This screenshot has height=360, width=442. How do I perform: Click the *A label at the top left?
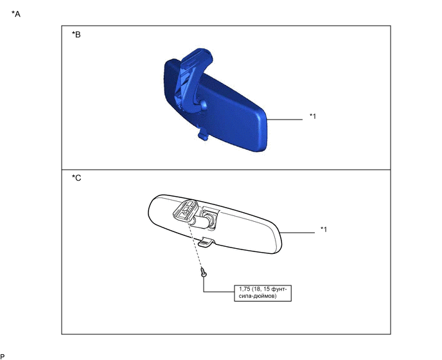16,14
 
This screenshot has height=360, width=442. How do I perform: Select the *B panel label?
76,35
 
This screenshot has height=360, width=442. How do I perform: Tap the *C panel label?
76,177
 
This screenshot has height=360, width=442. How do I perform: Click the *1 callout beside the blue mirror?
313,116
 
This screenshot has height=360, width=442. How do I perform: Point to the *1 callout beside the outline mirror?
324,230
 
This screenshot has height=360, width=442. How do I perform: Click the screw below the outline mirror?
204,273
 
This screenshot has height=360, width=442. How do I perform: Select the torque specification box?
263,293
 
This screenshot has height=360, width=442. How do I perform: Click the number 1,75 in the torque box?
244,289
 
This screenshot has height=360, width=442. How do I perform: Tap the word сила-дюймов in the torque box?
258,296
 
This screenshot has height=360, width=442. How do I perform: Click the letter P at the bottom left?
3,357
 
